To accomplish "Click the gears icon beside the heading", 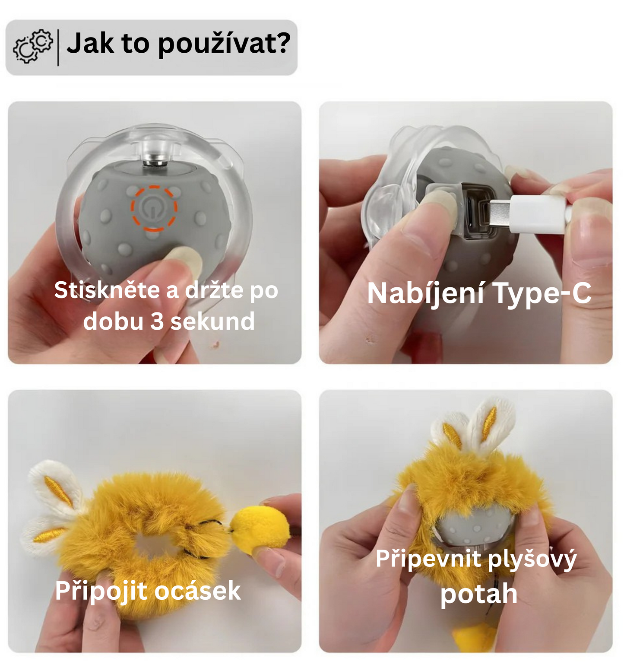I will point(33,46).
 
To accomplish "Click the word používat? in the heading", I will point(224,44).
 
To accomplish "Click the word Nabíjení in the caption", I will point(425,294).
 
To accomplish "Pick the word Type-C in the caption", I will point(542,294).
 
